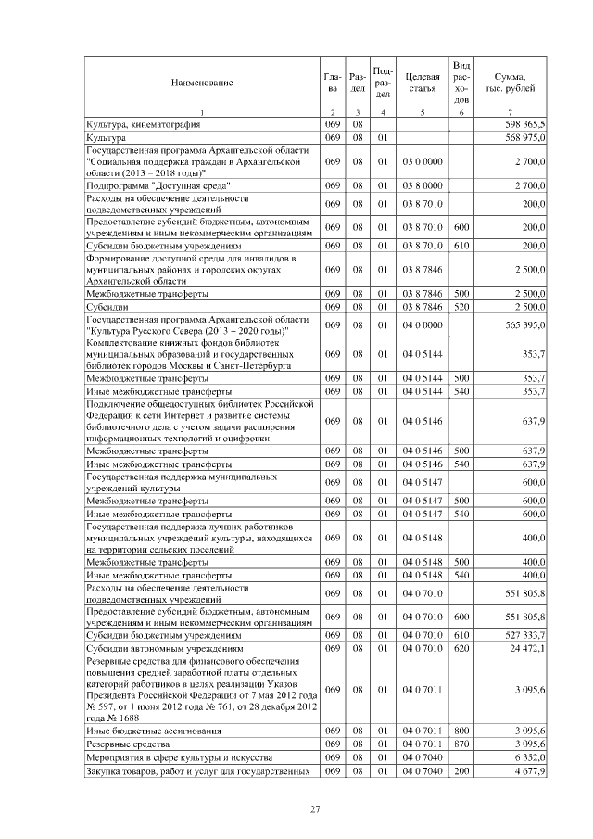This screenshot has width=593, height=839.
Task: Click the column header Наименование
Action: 201,83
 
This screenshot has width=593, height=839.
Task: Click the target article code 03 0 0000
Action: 422,161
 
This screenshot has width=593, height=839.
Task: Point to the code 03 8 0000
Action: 422,185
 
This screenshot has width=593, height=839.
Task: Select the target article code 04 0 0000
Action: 422,325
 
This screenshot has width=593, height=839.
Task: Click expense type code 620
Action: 462,648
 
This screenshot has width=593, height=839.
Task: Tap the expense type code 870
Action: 462,744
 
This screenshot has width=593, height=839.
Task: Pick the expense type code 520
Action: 462,306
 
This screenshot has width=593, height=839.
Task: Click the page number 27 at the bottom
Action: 314,810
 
